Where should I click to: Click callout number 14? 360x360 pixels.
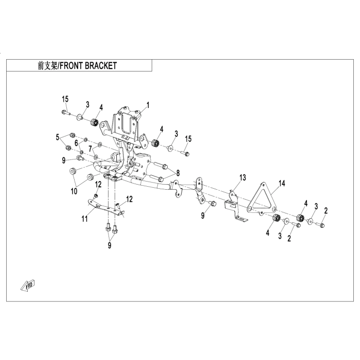pos(281,183)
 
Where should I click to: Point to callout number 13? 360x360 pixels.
pos(243,177)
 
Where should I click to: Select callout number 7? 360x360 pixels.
pos(90,148)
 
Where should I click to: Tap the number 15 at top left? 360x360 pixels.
pos(65,99)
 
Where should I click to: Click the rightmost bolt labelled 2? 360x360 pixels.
pos(322,225)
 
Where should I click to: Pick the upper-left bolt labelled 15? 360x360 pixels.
pos(64,112)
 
